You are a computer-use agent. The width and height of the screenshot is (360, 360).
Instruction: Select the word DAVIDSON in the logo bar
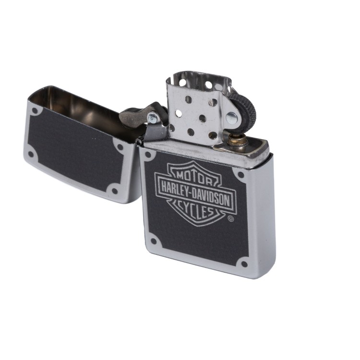pyautogui.click(x=211, y=198)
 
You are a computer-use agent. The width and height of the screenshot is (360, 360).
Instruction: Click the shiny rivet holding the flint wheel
pyautogui.click(x=231, y=118)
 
